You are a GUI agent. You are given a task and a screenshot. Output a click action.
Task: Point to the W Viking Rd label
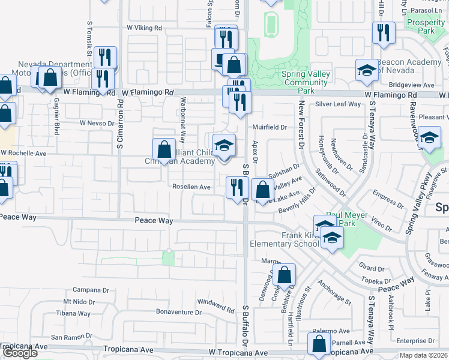click(x=145, y=28)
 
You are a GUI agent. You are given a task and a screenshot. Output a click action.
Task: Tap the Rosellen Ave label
click(x=191, y=187)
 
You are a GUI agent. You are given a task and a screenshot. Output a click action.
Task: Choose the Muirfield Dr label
click(x=270, y=127)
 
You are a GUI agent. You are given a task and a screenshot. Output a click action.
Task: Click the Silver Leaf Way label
click(x=338, y=104)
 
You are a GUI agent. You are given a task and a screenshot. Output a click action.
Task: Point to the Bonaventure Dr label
click(x=178, y=313)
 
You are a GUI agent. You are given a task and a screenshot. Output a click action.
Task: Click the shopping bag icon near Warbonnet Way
click(x=164, y=150)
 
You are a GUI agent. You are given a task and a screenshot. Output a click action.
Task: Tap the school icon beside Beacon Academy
click(x=367, y=71)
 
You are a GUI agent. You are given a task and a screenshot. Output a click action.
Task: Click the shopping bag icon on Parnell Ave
click(x=319, y=344)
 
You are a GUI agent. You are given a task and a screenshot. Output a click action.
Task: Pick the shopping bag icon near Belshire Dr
click(x=285, y=275)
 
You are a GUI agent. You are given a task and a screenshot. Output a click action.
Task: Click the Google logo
click(x=20, y=353)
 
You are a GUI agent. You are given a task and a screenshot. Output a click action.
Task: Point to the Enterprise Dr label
click(x=417, y=340)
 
